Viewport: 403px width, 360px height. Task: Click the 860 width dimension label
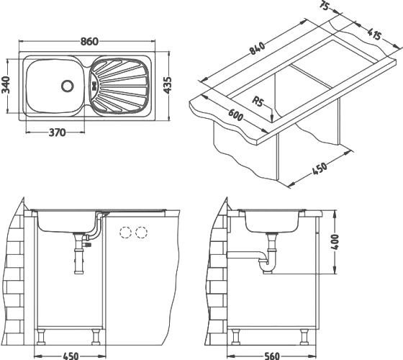(89, 41)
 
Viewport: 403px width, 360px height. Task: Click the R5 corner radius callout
(261, 102)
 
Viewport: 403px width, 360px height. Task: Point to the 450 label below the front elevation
(70, 354)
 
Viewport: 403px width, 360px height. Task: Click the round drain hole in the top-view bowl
(68, 85)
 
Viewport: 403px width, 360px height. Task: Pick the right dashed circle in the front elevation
(141, 232)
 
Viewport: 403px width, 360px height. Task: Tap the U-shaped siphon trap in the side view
(270, 264)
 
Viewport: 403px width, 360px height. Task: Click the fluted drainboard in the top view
(122, 85)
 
